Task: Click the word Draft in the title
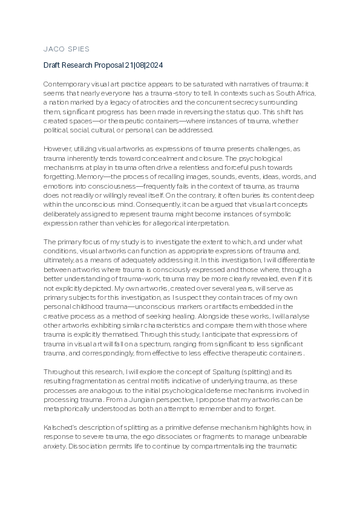(53, 65)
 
